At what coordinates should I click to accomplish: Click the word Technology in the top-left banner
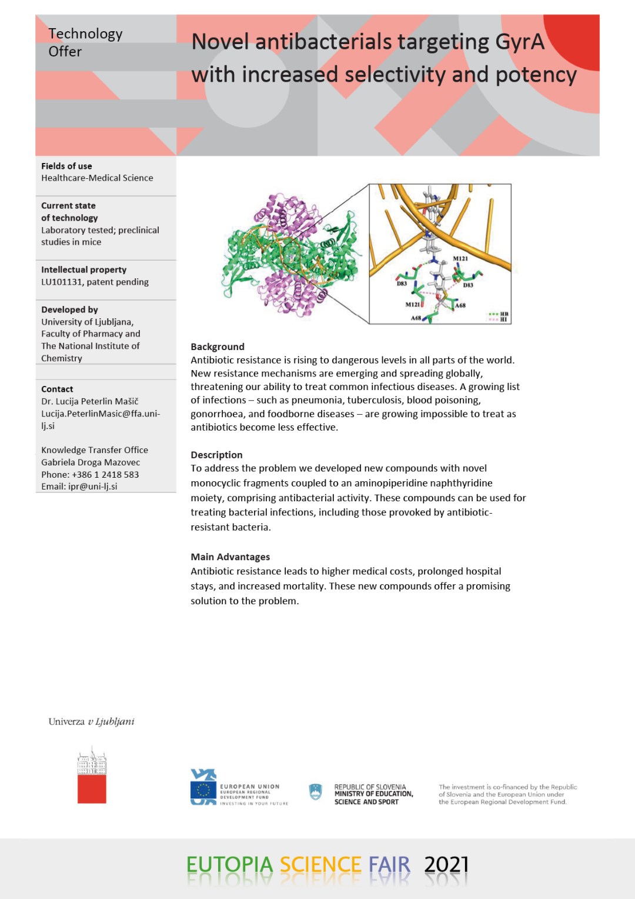pyautogui.click(x=85, y=34)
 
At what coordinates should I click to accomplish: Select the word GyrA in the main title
pyautogui.click(x=520, y=42)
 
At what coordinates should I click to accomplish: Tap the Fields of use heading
pyautogui.click(x=66, y=166)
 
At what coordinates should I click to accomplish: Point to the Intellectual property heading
pyautogui.click(x=83, y=269)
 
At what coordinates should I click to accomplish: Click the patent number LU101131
pyautogui.click(x=62, y=282)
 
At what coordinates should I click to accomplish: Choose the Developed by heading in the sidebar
pyautogui.click(x=69, y=309)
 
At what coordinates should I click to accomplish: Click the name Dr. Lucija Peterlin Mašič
pyautogui.click(x=90, y=401)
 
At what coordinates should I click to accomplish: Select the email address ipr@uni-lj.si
pyautogui.click(x=92, y=487)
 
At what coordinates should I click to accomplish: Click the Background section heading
pyautogui.click(x=218, y=347)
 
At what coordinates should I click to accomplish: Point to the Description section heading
pyautogui.click(x=216, y=455)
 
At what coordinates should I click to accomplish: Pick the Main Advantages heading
pyautogui.click(x=230, y=557)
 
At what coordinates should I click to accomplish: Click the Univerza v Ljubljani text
pyautogui.click(x=91, y=721)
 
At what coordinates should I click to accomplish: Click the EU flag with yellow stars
pyautogui.click(x=203, y=790)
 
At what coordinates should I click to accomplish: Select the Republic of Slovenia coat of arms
pyautogui.click(x=316, y=792)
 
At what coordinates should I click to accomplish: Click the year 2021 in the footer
pyautogui.click(x=446, y=865)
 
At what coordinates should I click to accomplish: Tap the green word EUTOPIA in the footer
pyautogui.click(x=229, y=865)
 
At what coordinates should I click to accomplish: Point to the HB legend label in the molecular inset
pyautogui.click(x=504, y=314)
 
